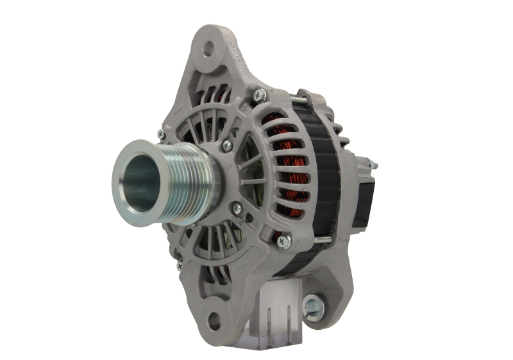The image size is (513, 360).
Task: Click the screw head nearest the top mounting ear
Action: [258, 97]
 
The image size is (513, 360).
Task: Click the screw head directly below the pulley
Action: [238, 207]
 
